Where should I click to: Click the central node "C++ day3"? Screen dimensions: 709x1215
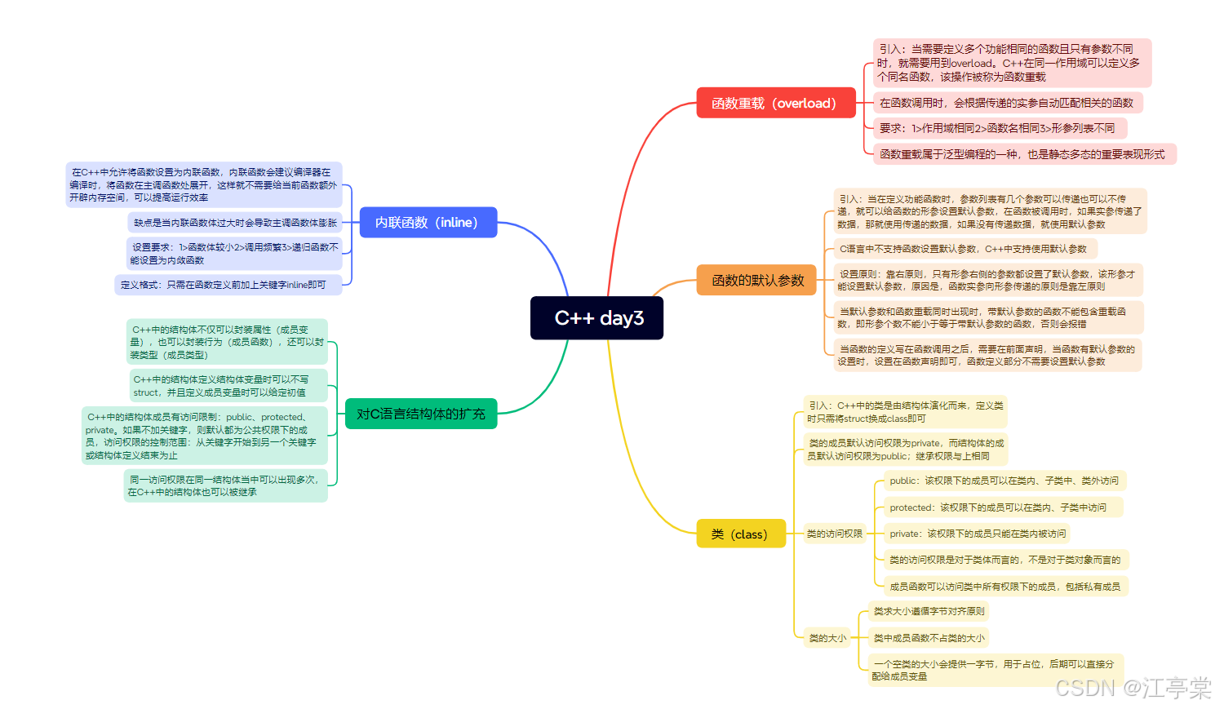[596, 318]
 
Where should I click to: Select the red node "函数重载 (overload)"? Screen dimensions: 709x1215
[775, 103]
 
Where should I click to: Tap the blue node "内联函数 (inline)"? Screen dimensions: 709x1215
[428, 223]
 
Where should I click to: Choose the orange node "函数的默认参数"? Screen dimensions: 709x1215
[756, 280]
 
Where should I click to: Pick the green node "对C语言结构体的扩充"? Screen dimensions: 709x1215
[421, 414]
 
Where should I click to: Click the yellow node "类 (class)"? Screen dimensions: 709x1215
[740, 534]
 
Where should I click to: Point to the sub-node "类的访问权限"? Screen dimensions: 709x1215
[834, 534]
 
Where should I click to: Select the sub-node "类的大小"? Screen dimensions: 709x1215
[827, 638]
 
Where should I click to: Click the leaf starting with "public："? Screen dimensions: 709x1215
[1004, 481]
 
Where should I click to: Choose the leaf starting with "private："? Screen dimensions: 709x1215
[977, 534]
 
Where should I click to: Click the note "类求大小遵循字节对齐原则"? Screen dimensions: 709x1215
[929, 611]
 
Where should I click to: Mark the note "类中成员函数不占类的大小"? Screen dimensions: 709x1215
[929, 638]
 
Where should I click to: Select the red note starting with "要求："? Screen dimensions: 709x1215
[997, 128]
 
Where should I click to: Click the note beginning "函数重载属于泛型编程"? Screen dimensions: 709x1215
[1022, 154]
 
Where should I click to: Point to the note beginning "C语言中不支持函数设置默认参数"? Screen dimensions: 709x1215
[963, 249]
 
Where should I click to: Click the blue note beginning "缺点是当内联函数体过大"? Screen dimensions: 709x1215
[235, 223]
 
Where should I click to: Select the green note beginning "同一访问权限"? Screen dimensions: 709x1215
[224, 485]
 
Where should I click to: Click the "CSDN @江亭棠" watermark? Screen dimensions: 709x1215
[1133, 688]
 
